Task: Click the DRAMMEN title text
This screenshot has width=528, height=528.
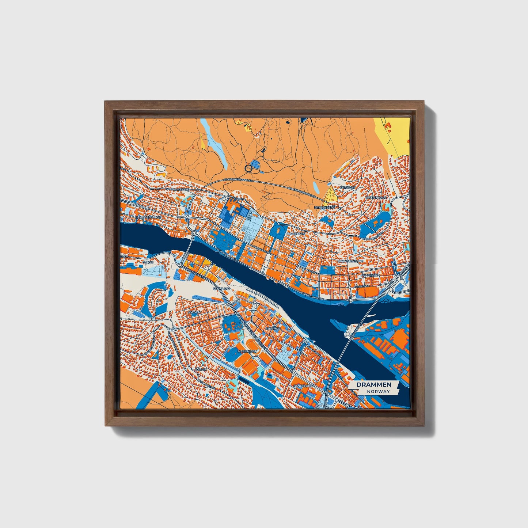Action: pyautogui.click(x=373, y=384)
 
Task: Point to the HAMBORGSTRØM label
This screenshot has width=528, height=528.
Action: pyautogui.click(x=148, y=217)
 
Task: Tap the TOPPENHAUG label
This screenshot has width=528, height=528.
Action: pyautogui.click(x=376, y=197)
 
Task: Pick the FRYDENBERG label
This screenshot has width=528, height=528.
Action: pyautogui.click(x=325, y=207)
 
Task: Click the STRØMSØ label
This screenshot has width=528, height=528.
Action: pyautogui.click(x=273, y=329)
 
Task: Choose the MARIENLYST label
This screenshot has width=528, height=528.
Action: pyautogui.click(x=247, y=351)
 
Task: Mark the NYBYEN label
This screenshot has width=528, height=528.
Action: pyautogui.click(x=194, y=313)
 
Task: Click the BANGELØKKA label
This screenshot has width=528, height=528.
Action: pyautogui.click(x=304, y=385)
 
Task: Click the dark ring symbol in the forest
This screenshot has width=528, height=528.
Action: pyautogui.click(x=248, y=168)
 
